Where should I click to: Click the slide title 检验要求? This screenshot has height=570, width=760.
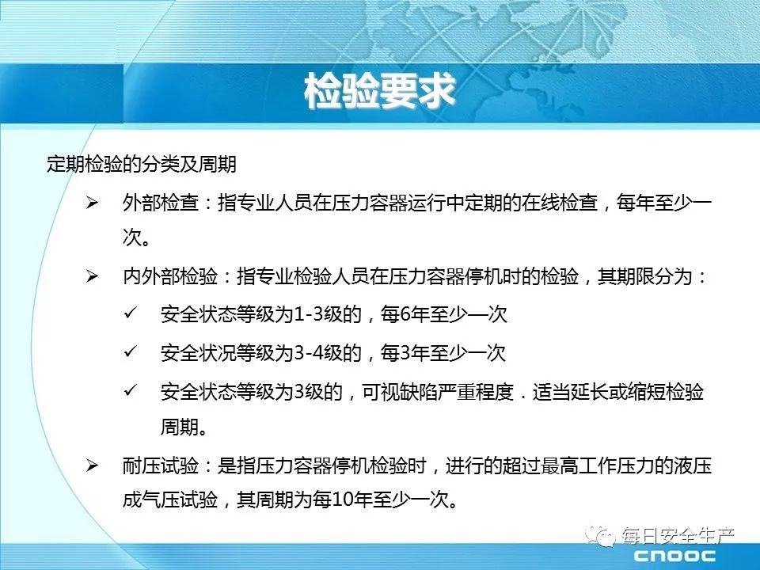[379, 90]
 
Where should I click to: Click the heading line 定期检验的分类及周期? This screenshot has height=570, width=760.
[142, 164]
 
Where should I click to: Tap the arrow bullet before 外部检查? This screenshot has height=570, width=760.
[92, 203]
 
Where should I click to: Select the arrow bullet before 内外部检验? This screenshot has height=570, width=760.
[92, 277]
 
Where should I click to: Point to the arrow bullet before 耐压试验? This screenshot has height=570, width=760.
[92, 465]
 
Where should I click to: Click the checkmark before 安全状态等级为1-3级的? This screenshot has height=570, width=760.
[131, 313]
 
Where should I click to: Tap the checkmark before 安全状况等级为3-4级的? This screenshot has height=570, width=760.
[131, 351]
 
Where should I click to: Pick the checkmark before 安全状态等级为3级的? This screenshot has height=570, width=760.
[131, 390]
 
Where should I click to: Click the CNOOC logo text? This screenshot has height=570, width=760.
[674, 556]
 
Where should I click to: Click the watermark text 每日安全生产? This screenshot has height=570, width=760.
[678, 536]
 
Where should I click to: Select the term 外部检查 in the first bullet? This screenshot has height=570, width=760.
[161, 203]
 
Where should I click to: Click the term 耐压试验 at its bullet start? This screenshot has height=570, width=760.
[161, 465]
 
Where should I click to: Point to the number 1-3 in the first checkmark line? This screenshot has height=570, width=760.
[309, 314]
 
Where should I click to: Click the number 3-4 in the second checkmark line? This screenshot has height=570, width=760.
[309, 353]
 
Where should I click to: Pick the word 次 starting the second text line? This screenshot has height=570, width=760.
[132, 237]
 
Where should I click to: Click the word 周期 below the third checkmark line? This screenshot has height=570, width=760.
[180, 427]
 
